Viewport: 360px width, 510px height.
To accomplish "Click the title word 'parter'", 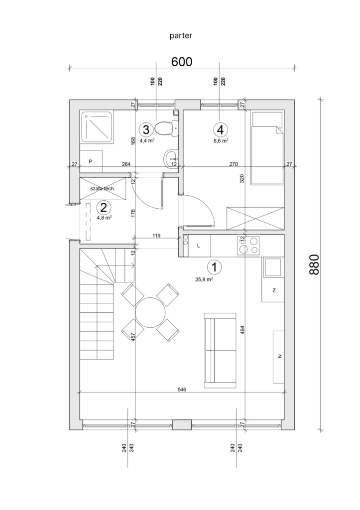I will (180, 35).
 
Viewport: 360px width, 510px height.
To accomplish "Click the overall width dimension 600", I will (182, 62).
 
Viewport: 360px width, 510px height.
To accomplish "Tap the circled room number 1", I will (214, 267).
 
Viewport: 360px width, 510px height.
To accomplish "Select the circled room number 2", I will (104, 207).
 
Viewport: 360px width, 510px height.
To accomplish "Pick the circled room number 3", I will (146, 130).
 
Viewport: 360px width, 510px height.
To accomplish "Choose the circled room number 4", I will (221, 129).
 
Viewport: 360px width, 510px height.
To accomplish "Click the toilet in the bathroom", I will (164, 128).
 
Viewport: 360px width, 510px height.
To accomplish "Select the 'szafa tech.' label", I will (103, 189).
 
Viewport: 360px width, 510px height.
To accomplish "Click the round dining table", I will (150, 312).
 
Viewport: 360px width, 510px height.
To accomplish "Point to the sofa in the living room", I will (220, 350).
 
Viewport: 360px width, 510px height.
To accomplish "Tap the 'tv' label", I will (279, 357).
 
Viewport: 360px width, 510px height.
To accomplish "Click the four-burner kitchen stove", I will (248, 245).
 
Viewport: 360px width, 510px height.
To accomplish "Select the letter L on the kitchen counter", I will (199, 246).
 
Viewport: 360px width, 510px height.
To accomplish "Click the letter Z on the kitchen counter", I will (274, 290).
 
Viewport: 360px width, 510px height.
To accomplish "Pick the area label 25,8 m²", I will (204, 279).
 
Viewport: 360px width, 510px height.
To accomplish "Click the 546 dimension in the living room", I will (181, 390).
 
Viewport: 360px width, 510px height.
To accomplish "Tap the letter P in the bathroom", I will (91, 162).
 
